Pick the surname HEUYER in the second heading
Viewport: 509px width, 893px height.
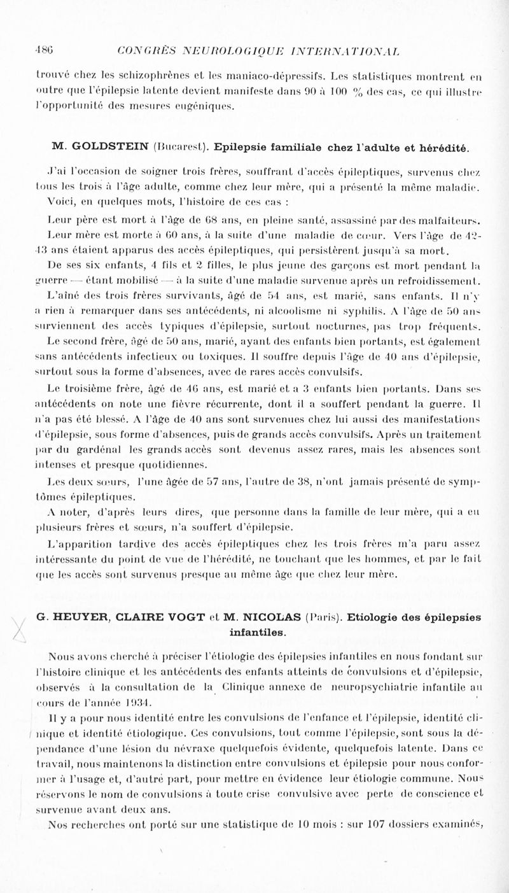71,617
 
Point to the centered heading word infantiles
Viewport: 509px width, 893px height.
258,633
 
